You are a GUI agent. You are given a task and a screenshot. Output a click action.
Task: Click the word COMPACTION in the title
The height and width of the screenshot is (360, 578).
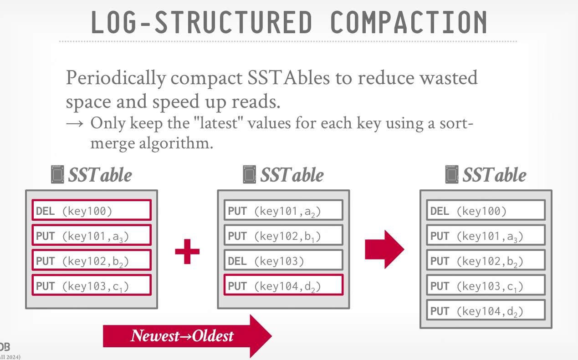coord(409,22)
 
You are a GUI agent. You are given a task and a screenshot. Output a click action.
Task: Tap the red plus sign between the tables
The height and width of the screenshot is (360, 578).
coord(187,251)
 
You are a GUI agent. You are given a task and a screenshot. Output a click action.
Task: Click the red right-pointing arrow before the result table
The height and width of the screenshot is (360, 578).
coord(384,249)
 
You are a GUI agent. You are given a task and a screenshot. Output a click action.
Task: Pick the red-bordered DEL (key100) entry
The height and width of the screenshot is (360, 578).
coord(92,210)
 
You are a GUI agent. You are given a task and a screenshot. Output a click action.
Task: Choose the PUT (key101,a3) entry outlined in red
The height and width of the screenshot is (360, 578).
coord(92,235)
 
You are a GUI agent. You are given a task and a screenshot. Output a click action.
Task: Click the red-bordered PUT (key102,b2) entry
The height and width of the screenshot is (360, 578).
coord(92,260)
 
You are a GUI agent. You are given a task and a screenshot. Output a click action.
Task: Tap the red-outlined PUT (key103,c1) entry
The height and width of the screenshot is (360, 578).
coord(92,285)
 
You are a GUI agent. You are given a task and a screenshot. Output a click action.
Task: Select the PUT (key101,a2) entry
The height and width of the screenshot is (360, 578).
coord(284,210)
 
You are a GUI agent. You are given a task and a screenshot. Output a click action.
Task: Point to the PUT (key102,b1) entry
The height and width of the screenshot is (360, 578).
coord(284,235)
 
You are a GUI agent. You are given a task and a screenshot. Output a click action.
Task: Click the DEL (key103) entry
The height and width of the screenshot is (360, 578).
coord(284,260)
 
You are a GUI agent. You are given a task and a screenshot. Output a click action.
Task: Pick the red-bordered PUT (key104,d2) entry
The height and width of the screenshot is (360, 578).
coord(284,285)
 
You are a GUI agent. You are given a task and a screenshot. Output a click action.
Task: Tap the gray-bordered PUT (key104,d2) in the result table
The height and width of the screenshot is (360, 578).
coord(486,310)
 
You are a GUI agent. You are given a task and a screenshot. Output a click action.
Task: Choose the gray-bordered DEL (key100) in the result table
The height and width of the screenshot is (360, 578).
coord(486,210)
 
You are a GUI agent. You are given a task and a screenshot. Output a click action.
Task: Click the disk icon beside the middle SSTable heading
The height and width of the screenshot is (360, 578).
coord(250,175)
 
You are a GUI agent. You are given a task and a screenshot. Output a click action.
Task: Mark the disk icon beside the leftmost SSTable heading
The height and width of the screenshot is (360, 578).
coord(57,175)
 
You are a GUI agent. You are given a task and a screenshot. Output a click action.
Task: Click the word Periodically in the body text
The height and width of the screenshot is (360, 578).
coord(116,78)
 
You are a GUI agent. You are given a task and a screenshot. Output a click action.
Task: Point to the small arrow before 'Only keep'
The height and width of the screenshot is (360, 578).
coord(75,124)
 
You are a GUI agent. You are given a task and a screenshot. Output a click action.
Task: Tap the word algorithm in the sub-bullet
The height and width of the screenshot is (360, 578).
coord(176,143)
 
